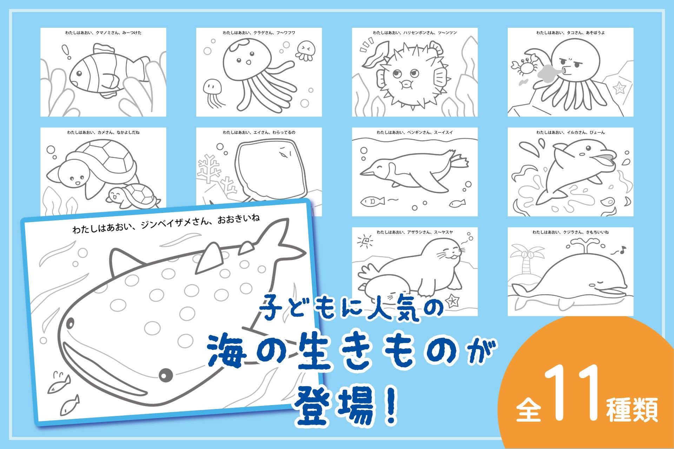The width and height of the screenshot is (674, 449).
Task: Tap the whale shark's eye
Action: [x=166, y=375]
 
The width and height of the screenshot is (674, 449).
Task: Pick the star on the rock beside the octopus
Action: [x=620, y=87]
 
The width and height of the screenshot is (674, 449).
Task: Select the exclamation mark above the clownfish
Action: [x=66, y=52]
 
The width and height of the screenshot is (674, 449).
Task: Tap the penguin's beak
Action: [x=367, y=172]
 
